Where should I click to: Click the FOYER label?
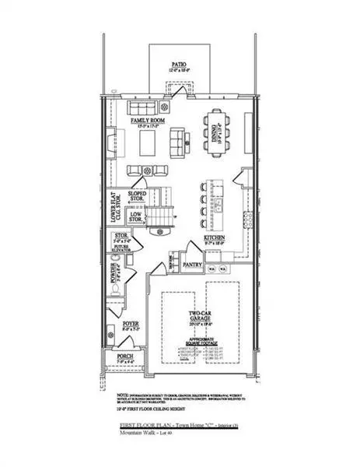(131, 325)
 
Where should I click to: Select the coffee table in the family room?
(150, 143)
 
